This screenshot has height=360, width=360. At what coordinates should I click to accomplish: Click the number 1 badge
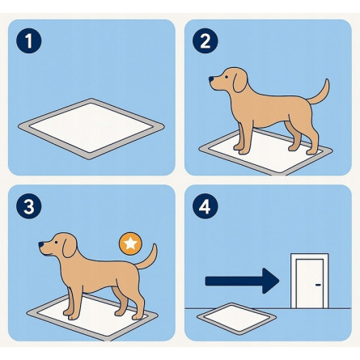[x=29, y=40]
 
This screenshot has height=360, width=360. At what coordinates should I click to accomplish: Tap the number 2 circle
[x=205, y=40]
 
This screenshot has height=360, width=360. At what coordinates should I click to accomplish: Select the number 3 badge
[x=29, y=206]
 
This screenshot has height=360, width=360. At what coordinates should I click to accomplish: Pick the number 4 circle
[x=205, y=206]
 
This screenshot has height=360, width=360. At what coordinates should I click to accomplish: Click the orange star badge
[x=130, y=244]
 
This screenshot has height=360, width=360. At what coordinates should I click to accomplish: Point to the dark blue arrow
[x=242, y=281]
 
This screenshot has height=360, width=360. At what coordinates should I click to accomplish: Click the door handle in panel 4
[x=319, y=285]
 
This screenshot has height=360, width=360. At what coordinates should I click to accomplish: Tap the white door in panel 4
[x=310, y=281]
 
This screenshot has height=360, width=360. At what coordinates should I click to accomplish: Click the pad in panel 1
[x=91, y=129]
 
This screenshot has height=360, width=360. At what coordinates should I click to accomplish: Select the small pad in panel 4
[x=236, y=319]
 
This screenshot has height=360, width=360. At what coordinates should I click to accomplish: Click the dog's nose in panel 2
[x=211, y=79]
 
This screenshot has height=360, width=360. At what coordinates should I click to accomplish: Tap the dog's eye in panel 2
[x=226, y=77]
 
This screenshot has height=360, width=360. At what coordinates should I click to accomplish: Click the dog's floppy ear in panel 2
[x=239, y=81]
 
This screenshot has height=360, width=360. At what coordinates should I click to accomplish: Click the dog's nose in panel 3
[x=40, y=244]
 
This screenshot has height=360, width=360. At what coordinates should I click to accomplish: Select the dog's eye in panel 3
[x=56, y=242]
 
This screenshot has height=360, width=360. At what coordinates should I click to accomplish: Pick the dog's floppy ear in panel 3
[x=70, y=246]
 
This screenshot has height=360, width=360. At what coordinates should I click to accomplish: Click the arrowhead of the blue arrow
[x=271, y=281]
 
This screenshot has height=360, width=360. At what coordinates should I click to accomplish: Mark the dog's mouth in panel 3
[x=46, y=254]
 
